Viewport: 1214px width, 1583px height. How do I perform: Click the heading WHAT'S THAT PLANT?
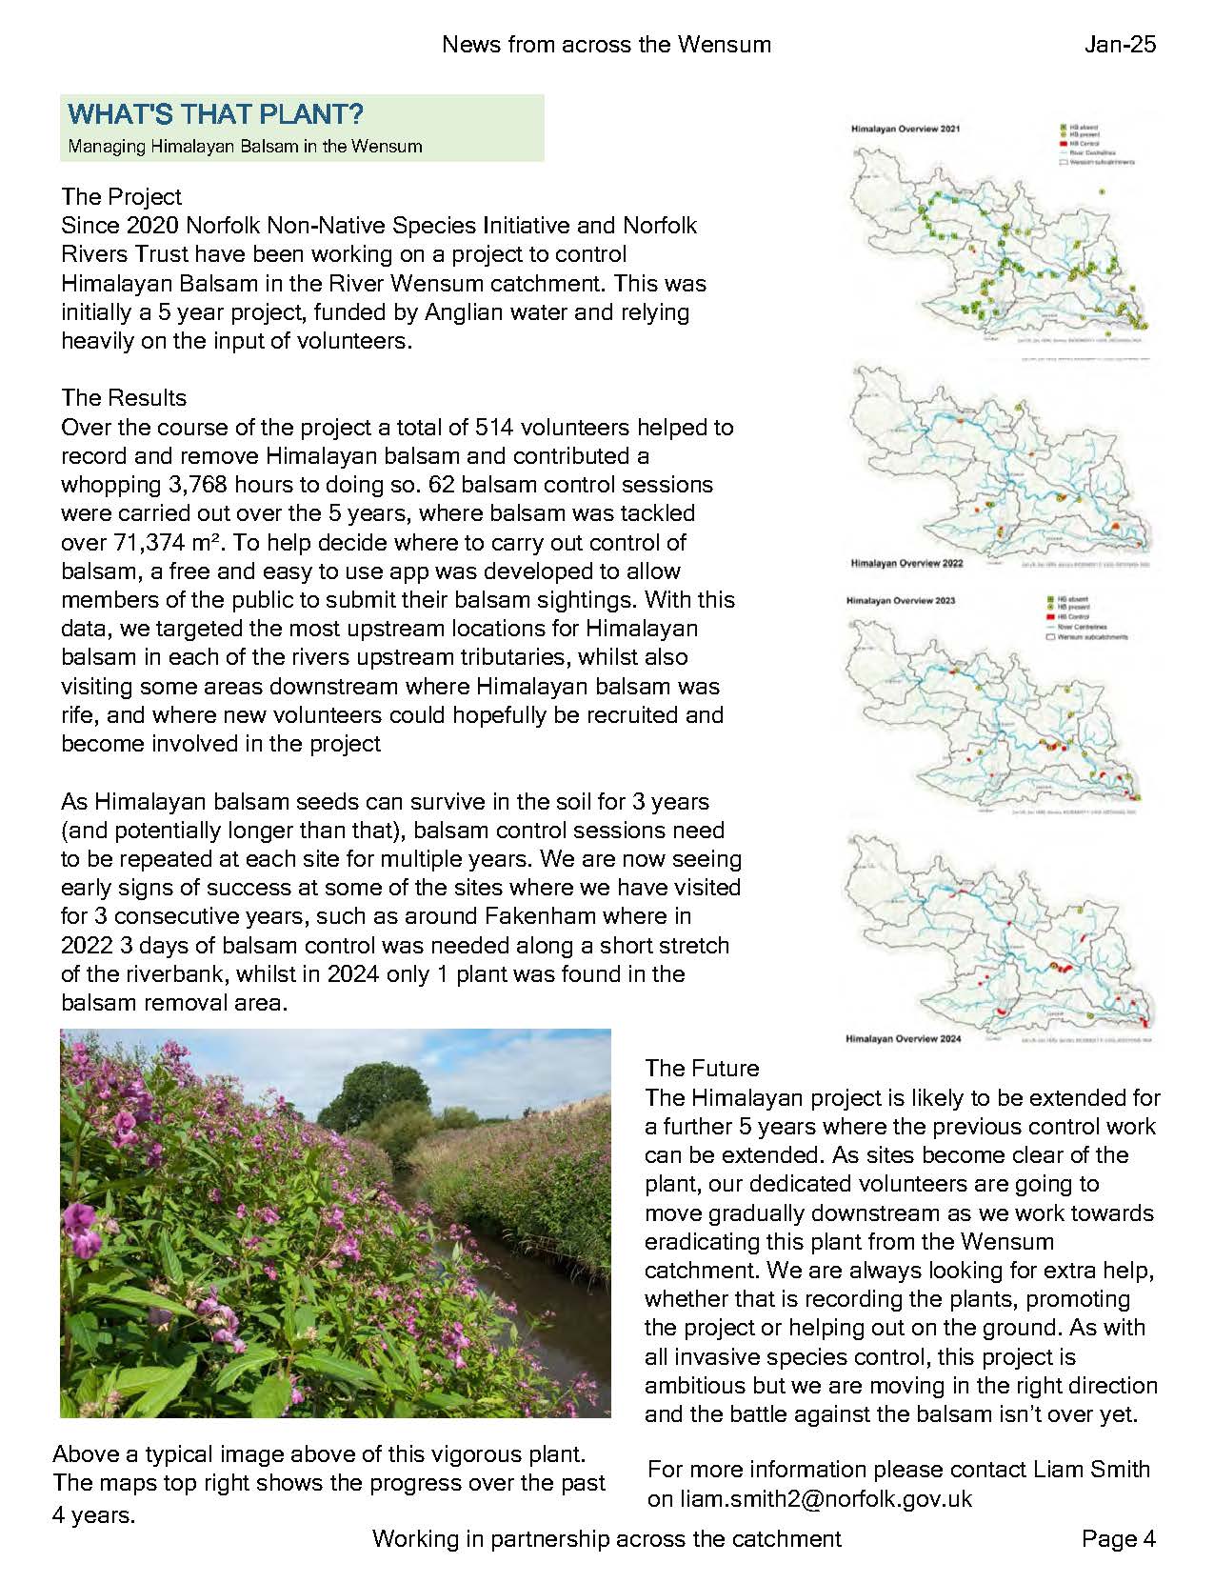coord(215,115)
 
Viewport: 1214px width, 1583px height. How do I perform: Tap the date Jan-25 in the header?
coord(1120,44)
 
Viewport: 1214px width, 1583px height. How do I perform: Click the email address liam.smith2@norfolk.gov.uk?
coord(809,1498)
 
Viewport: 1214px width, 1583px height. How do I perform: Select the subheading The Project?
coord(121,196)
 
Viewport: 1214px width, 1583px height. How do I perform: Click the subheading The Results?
coord(124,397)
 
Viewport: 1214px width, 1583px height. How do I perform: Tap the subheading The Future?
coord(702,1068)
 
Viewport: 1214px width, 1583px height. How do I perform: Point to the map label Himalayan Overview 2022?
coord(893,563)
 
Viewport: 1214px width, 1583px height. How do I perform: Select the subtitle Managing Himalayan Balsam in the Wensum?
coord(245,147)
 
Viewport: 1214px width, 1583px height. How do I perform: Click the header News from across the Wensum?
coord(606,44)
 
